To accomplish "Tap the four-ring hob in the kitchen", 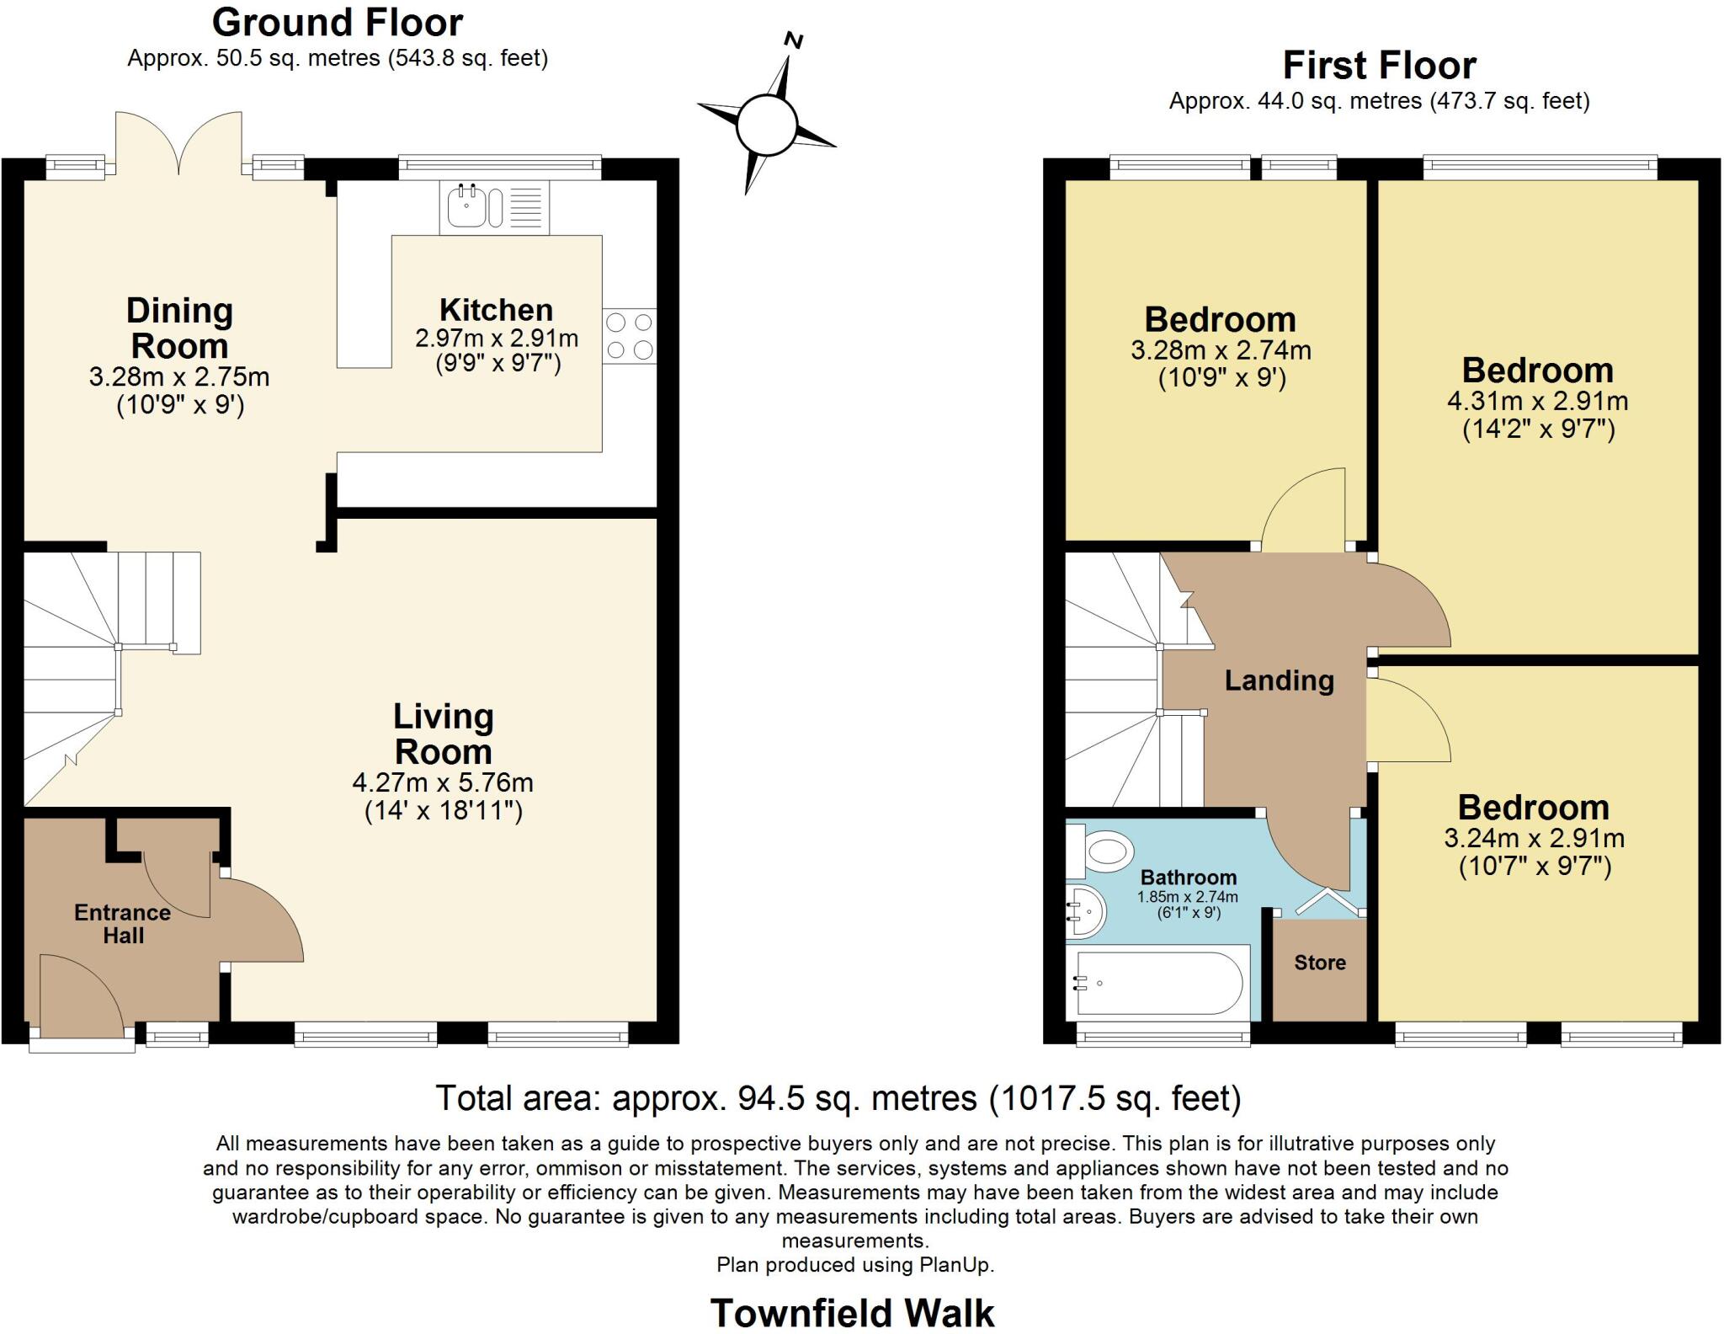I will click(x=629, y=336).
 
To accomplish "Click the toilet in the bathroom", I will click(x=1100, y=851).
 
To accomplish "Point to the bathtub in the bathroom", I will click(x=1158, y=983).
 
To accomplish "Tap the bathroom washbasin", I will click(x=1083, y=911).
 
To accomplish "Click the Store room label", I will click(x=1319, y=963).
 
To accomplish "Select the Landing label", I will click(x=1279, y=680).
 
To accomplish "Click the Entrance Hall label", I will click(x=123, y=924).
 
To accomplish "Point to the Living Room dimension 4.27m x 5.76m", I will click(x=443, y=782).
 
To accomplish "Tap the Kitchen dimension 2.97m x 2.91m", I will click(x=497, y=339).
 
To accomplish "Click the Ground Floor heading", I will click(x=337, y=23).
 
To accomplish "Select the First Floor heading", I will click(x=1379, y=65).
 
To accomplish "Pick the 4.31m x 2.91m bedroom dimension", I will click(x=1537, y=401).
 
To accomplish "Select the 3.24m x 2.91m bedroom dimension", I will click(x=1534, y=838).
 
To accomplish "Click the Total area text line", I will click(x=838, y=1097).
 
